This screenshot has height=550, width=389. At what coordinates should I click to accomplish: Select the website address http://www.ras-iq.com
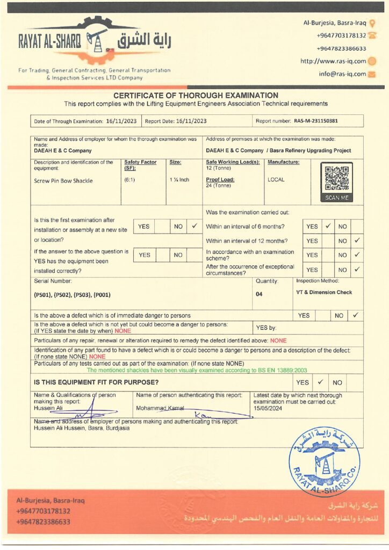(x=333, y=61)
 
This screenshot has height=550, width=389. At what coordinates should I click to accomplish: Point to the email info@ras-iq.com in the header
(x=342, y=74)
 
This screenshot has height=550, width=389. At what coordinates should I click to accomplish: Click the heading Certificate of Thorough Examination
(x=196, y=95)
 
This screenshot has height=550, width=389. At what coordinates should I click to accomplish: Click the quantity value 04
(x=259, y=294)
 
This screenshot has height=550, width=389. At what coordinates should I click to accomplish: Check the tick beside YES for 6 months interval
(x=327, y=227)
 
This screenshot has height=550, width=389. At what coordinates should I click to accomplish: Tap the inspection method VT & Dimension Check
(x=323, y=292)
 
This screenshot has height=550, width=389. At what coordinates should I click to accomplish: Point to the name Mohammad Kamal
(x=160, y=409)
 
